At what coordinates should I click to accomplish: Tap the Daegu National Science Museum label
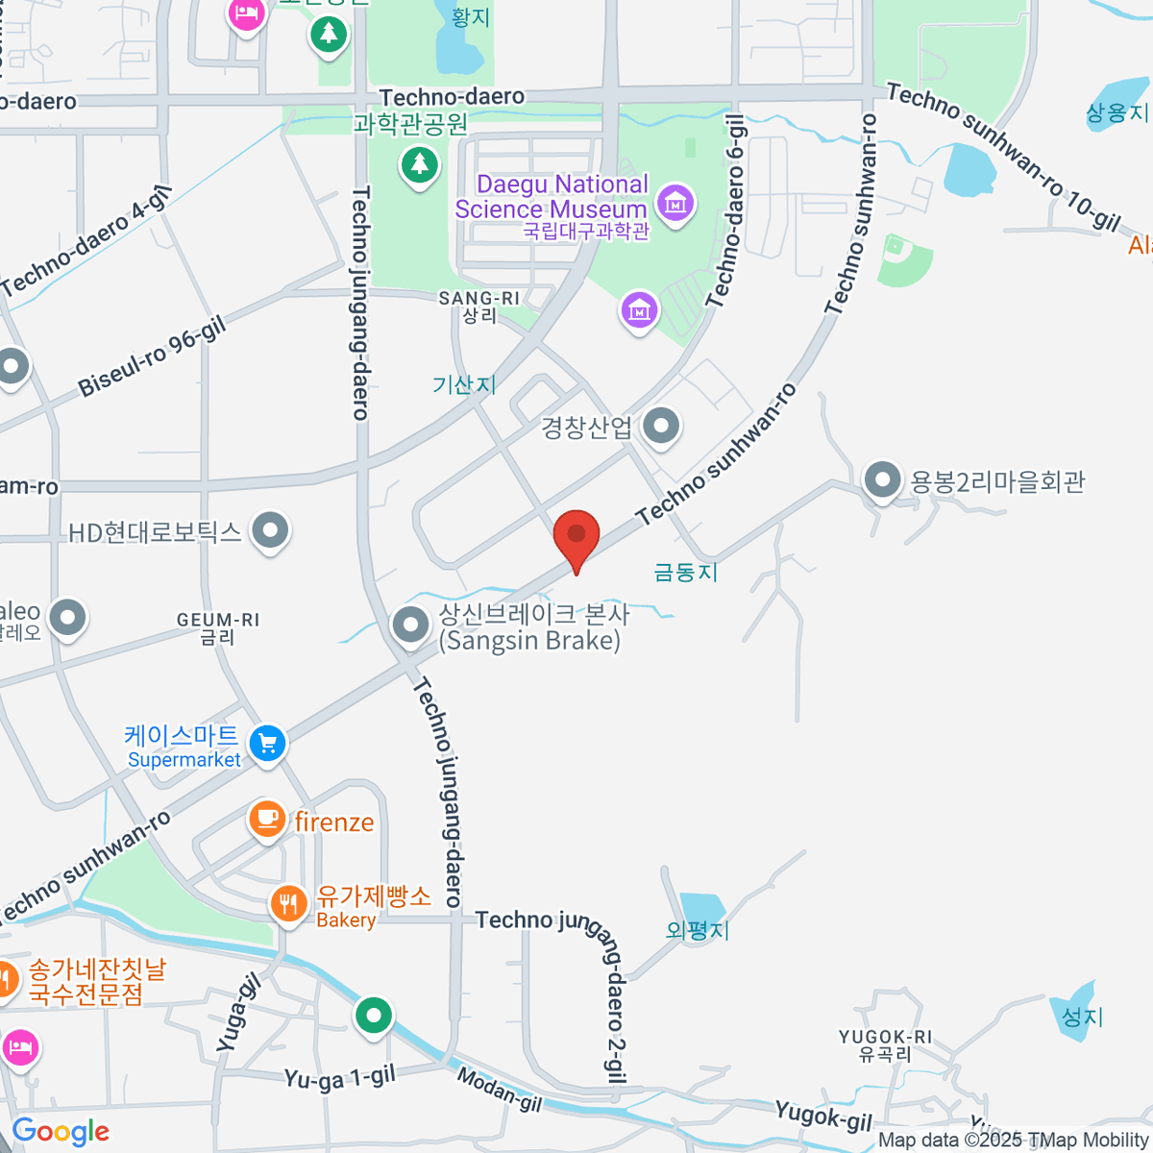pyautogui.click(x=552, y=197)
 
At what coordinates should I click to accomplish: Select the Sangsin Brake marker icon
pyautogui.click(x=411, y=626)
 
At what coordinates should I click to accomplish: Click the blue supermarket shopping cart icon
pyautogui.click(x=267, y=743)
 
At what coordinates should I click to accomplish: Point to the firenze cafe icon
pyautogui.click(x=267, y=820)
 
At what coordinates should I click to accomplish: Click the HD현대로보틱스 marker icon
pyautogui.click(x=270, y=530)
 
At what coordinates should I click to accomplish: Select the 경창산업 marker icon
pyautogui.click(x=661, y=427)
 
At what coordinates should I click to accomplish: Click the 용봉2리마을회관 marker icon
pyautogui.click(x=882, y=479)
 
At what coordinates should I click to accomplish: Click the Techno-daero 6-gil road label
pyautogui.click(x=726, y=211)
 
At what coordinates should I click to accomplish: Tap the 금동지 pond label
pyautogui.click(x=685, y=573)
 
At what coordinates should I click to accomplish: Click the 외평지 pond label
pyautogui.click(x=698, y=930)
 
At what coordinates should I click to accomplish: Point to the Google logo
pyautogui.click(x=61, y=1132)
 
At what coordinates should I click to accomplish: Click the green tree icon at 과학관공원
pyautogui.click(x=419, y=165)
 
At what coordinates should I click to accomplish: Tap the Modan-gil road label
pyautogui.click(x=499, y=1090)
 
